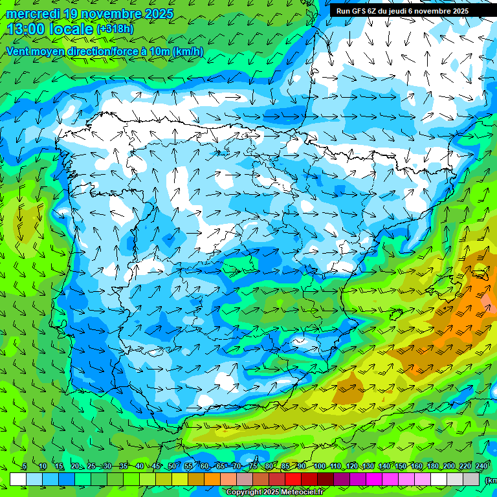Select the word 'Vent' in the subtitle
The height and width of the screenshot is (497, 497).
point(18,51)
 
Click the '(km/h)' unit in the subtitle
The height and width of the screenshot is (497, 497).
point(188,51)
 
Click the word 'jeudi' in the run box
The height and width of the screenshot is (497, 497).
point(400,10)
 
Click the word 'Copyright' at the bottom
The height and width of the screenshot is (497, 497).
point(244,492)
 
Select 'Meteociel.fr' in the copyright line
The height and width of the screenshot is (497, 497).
point(302,492)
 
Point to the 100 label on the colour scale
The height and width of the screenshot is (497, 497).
point(320,466)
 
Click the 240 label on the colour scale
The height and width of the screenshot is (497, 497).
point(481,466)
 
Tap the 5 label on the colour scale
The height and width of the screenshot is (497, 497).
point(25,466)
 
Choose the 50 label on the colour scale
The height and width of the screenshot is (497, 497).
point(172,466)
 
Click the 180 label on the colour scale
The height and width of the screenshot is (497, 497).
point(433,466)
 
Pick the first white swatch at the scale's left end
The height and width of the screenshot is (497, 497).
point(18,479)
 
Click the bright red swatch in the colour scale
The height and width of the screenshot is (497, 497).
point(293,479)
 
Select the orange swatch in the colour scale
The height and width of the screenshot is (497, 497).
point(212,479)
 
